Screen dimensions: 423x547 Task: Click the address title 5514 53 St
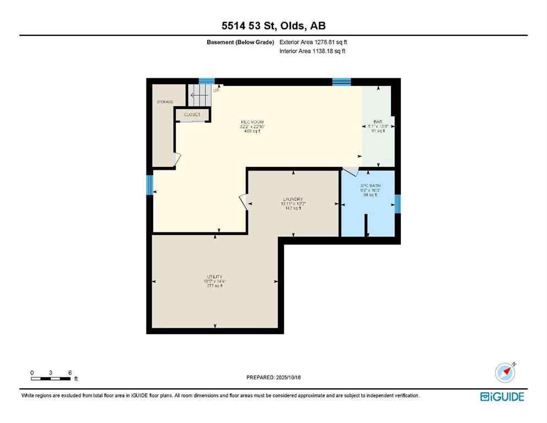coord(274,25)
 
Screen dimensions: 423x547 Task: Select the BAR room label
coord(378,122)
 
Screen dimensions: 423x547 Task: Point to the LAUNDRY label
coord(293,199)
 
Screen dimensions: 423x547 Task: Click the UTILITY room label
coord(215,277)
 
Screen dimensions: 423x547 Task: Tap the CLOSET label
coord(192,115)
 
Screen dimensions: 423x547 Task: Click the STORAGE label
coord(165,102)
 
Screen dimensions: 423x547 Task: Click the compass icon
coord(505,372)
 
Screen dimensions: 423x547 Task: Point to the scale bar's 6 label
coord(69,373)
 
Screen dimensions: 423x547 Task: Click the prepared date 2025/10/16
coord(274,377)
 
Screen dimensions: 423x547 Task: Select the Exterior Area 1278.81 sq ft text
coord(313,42)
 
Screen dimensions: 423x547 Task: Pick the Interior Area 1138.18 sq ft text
coord(312,51)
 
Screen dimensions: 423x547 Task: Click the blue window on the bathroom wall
coord(398,204)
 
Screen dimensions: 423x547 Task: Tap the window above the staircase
coord(207,81)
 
